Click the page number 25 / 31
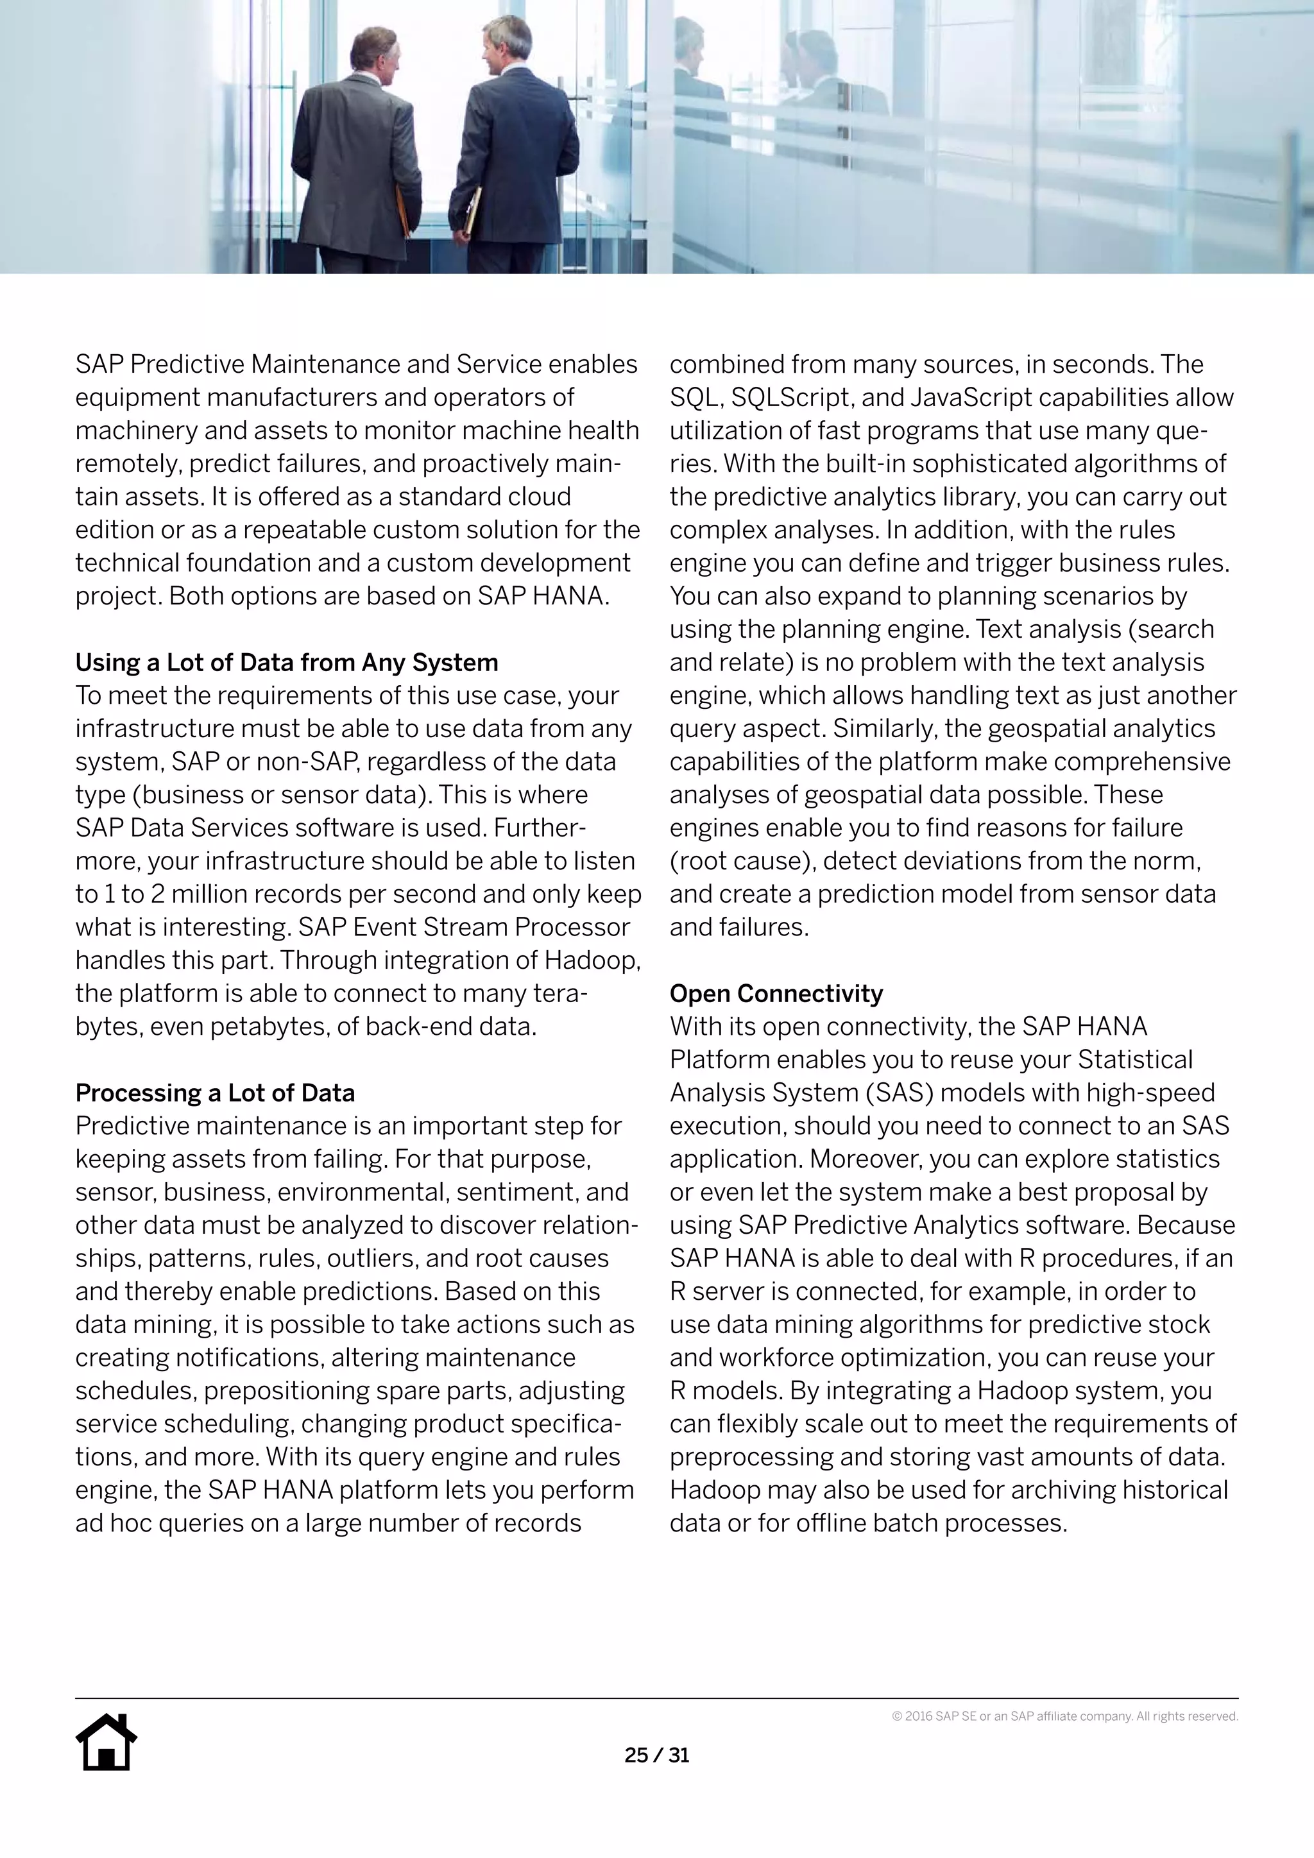click(656, 1755)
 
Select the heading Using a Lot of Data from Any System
click(286, 663)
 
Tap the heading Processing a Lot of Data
click(214, 1093)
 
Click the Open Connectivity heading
click(775, 994)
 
